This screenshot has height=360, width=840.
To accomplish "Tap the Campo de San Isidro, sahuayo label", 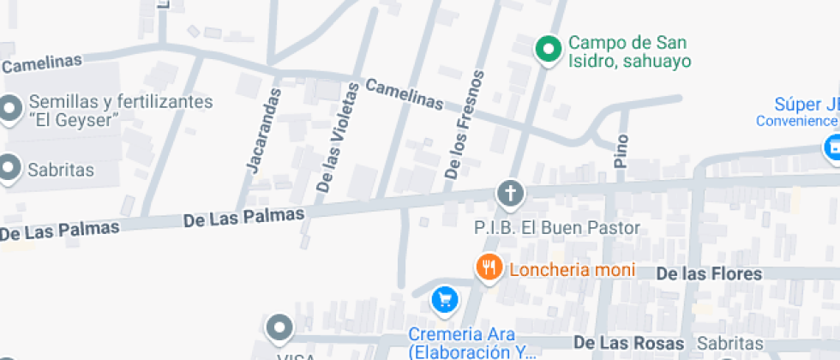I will coord(629,51).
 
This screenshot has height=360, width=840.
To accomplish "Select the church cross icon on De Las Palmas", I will coord(510,195).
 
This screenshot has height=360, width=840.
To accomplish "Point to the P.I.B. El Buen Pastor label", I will coord(557,228).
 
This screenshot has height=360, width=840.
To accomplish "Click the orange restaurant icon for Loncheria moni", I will coord(489,267).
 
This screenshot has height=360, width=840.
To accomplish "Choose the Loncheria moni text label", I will coord(572,270).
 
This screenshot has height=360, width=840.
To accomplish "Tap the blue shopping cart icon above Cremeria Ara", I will coord(444,299).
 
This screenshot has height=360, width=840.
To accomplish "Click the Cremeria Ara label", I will coord(461,334).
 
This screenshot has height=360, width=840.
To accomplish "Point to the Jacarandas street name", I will coord(263,130).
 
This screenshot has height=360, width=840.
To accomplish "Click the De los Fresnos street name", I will coord(465,124).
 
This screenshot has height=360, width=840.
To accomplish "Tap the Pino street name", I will coord(622,151).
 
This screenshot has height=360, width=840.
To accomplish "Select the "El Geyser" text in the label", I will coord(74,119).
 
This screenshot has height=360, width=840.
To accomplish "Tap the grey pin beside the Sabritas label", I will coord(10,169).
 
